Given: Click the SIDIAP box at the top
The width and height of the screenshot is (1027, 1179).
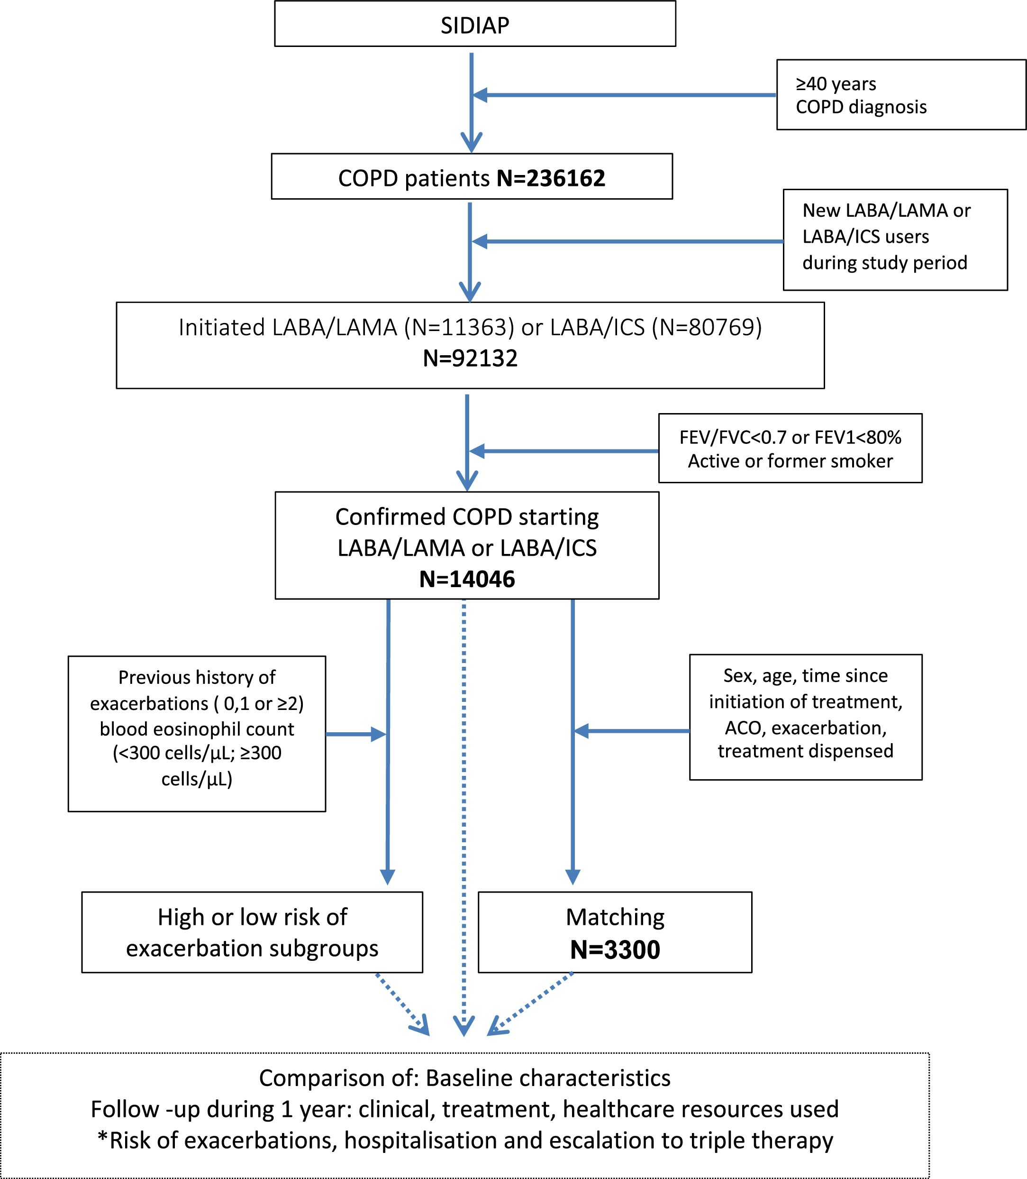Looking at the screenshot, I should point(474,24).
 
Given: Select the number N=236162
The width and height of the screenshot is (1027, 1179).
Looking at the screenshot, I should point(551,178).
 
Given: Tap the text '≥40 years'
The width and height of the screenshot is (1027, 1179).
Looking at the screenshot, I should point(836,84).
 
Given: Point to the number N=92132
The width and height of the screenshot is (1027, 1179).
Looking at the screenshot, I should point(470,359).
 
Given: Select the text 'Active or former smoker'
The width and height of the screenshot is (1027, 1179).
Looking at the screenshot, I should point(790,461).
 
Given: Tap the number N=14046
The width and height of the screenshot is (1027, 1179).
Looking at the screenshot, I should point(467,579).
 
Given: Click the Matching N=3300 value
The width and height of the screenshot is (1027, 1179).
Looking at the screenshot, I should point(615,949).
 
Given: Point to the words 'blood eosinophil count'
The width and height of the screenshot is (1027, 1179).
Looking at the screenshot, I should point(197,729).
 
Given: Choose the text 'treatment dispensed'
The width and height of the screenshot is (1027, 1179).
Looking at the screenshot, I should point(805,751).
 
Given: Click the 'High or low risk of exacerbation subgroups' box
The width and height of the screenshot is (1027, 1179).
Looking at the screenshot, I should point(252,932).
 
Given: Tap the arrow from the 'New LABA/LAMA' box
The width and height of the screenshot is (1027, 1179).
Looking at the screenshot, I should point(627,241).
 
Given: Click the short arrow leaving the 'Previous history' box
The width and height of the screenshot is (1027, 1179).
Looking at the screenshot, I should point(356,734).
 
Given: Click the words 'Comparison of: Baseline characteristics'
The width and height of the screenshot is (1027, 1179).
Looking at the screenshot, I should point(465,1078).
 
